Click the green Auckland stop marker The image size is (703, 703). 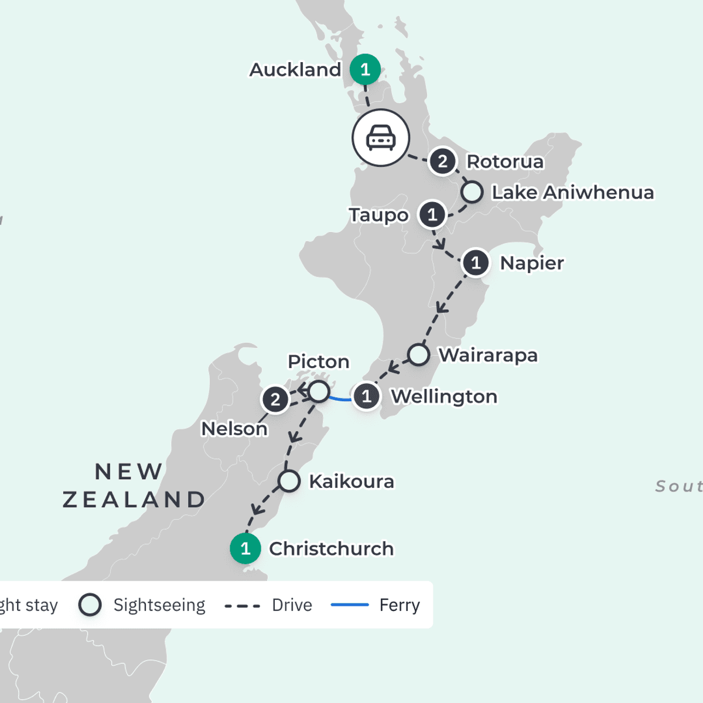click(x=365, y=70)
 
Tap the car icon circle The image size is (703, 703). click(x=381, y=138)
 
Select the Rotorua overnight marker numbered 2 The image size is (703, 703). click(x=443, y=161)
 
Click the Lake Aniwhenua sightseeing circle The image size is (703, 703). click(x=472, y=192)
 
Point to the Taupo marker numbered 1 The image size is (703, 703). click(x=432, y=215)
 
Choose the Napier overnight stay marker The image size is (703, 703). click(x=476, y=263)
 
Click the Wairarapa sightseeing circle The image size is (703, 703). click(x=418, y=354)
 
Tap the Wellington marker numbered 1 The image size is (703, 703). click(x=367, y=397)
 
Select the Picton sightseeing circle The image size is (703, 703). click(x=319, y=391)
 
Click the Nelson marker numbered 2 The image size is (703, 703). click(x=275, y=400)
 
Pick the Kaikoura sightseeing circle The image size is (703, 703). click(x=289, y=481)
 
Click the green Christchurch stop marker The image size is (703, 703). click(x=245, y=549)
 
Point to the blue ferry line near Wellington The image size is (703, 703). click(x=340, y=398)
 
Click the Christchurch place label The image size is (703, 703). click(x=331, y=549)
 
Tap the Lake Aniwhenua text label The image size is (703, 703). click(x=572, y=193)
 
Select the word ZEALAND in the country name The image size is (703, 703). click(x=134, y=500)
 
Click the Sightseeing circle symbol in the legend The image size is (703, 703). click(x=90, y=605)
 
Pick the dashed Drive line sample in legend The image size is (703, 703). click(x=243, y=606)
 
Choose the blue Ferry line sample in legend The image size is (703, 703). click(x=350, y=605)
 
